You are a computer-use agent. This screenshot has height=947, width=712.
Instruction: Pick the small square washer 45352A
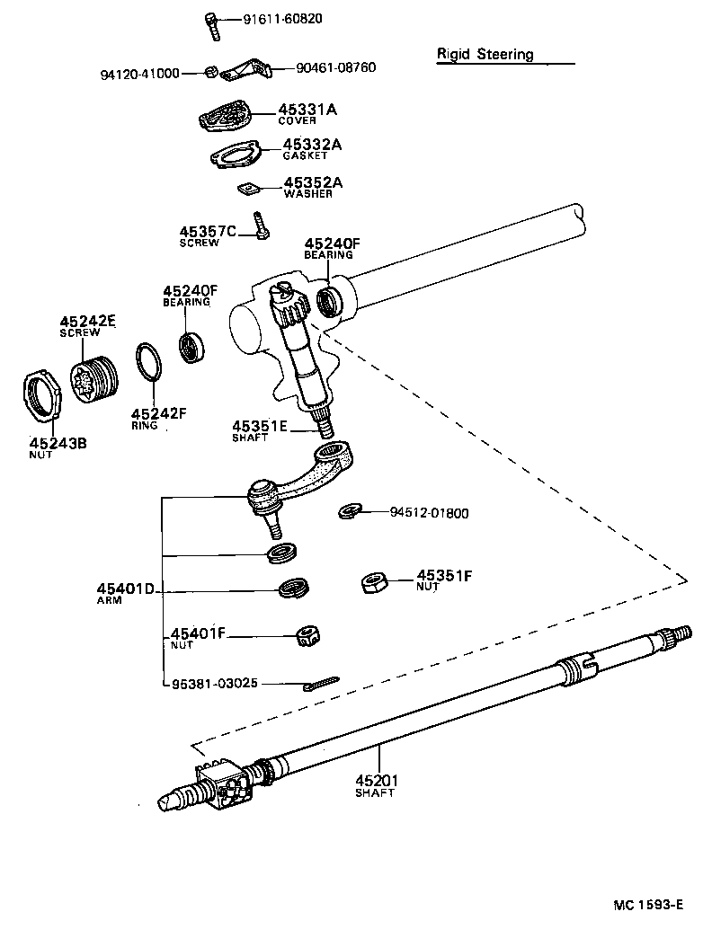pyautogui.click(x=247, y=189)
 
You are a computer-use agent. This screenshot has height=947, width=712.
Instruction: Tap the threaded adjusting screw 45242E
pyautogui.click(x=93, y=378)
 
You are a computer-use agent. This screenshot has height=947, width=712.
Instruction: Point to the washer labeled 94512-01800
pyautogui.click(x=350, y=512)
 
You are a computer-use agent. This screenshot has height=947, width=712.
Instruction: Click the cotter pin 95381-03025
pyautogui.click(x=319, y=685)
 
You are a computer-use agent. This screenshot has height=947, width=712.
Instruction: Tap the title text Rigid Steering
pyautogui.click(x=485, y=54)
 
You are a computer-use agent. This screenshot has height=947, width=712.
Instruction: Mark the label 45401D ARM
pyautogui.click(x=125, y=594)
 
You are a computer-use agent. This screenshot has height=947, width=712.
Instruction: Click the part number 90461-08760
pyautogui.click(x=323, y=67)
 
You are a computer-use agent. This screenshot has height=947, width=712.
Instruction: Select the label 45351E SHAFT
pyautogui.click(x=259, y=430)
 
